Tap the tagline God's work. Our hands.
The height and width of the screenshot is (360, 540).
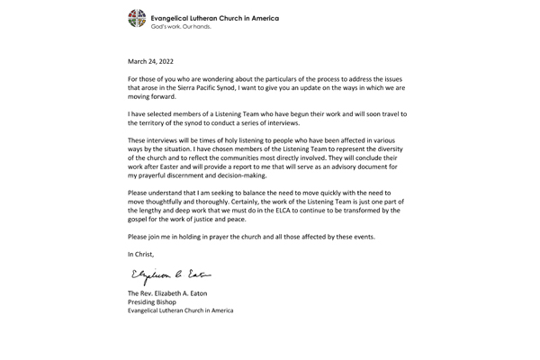click(182, 27)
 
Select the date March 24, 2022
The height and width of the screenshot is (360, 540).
click(149, 61)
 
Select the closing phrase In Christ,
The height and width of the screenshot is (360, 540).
click(141, 256)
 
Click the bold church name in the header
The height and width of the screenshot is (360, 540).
click(214, 17)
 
